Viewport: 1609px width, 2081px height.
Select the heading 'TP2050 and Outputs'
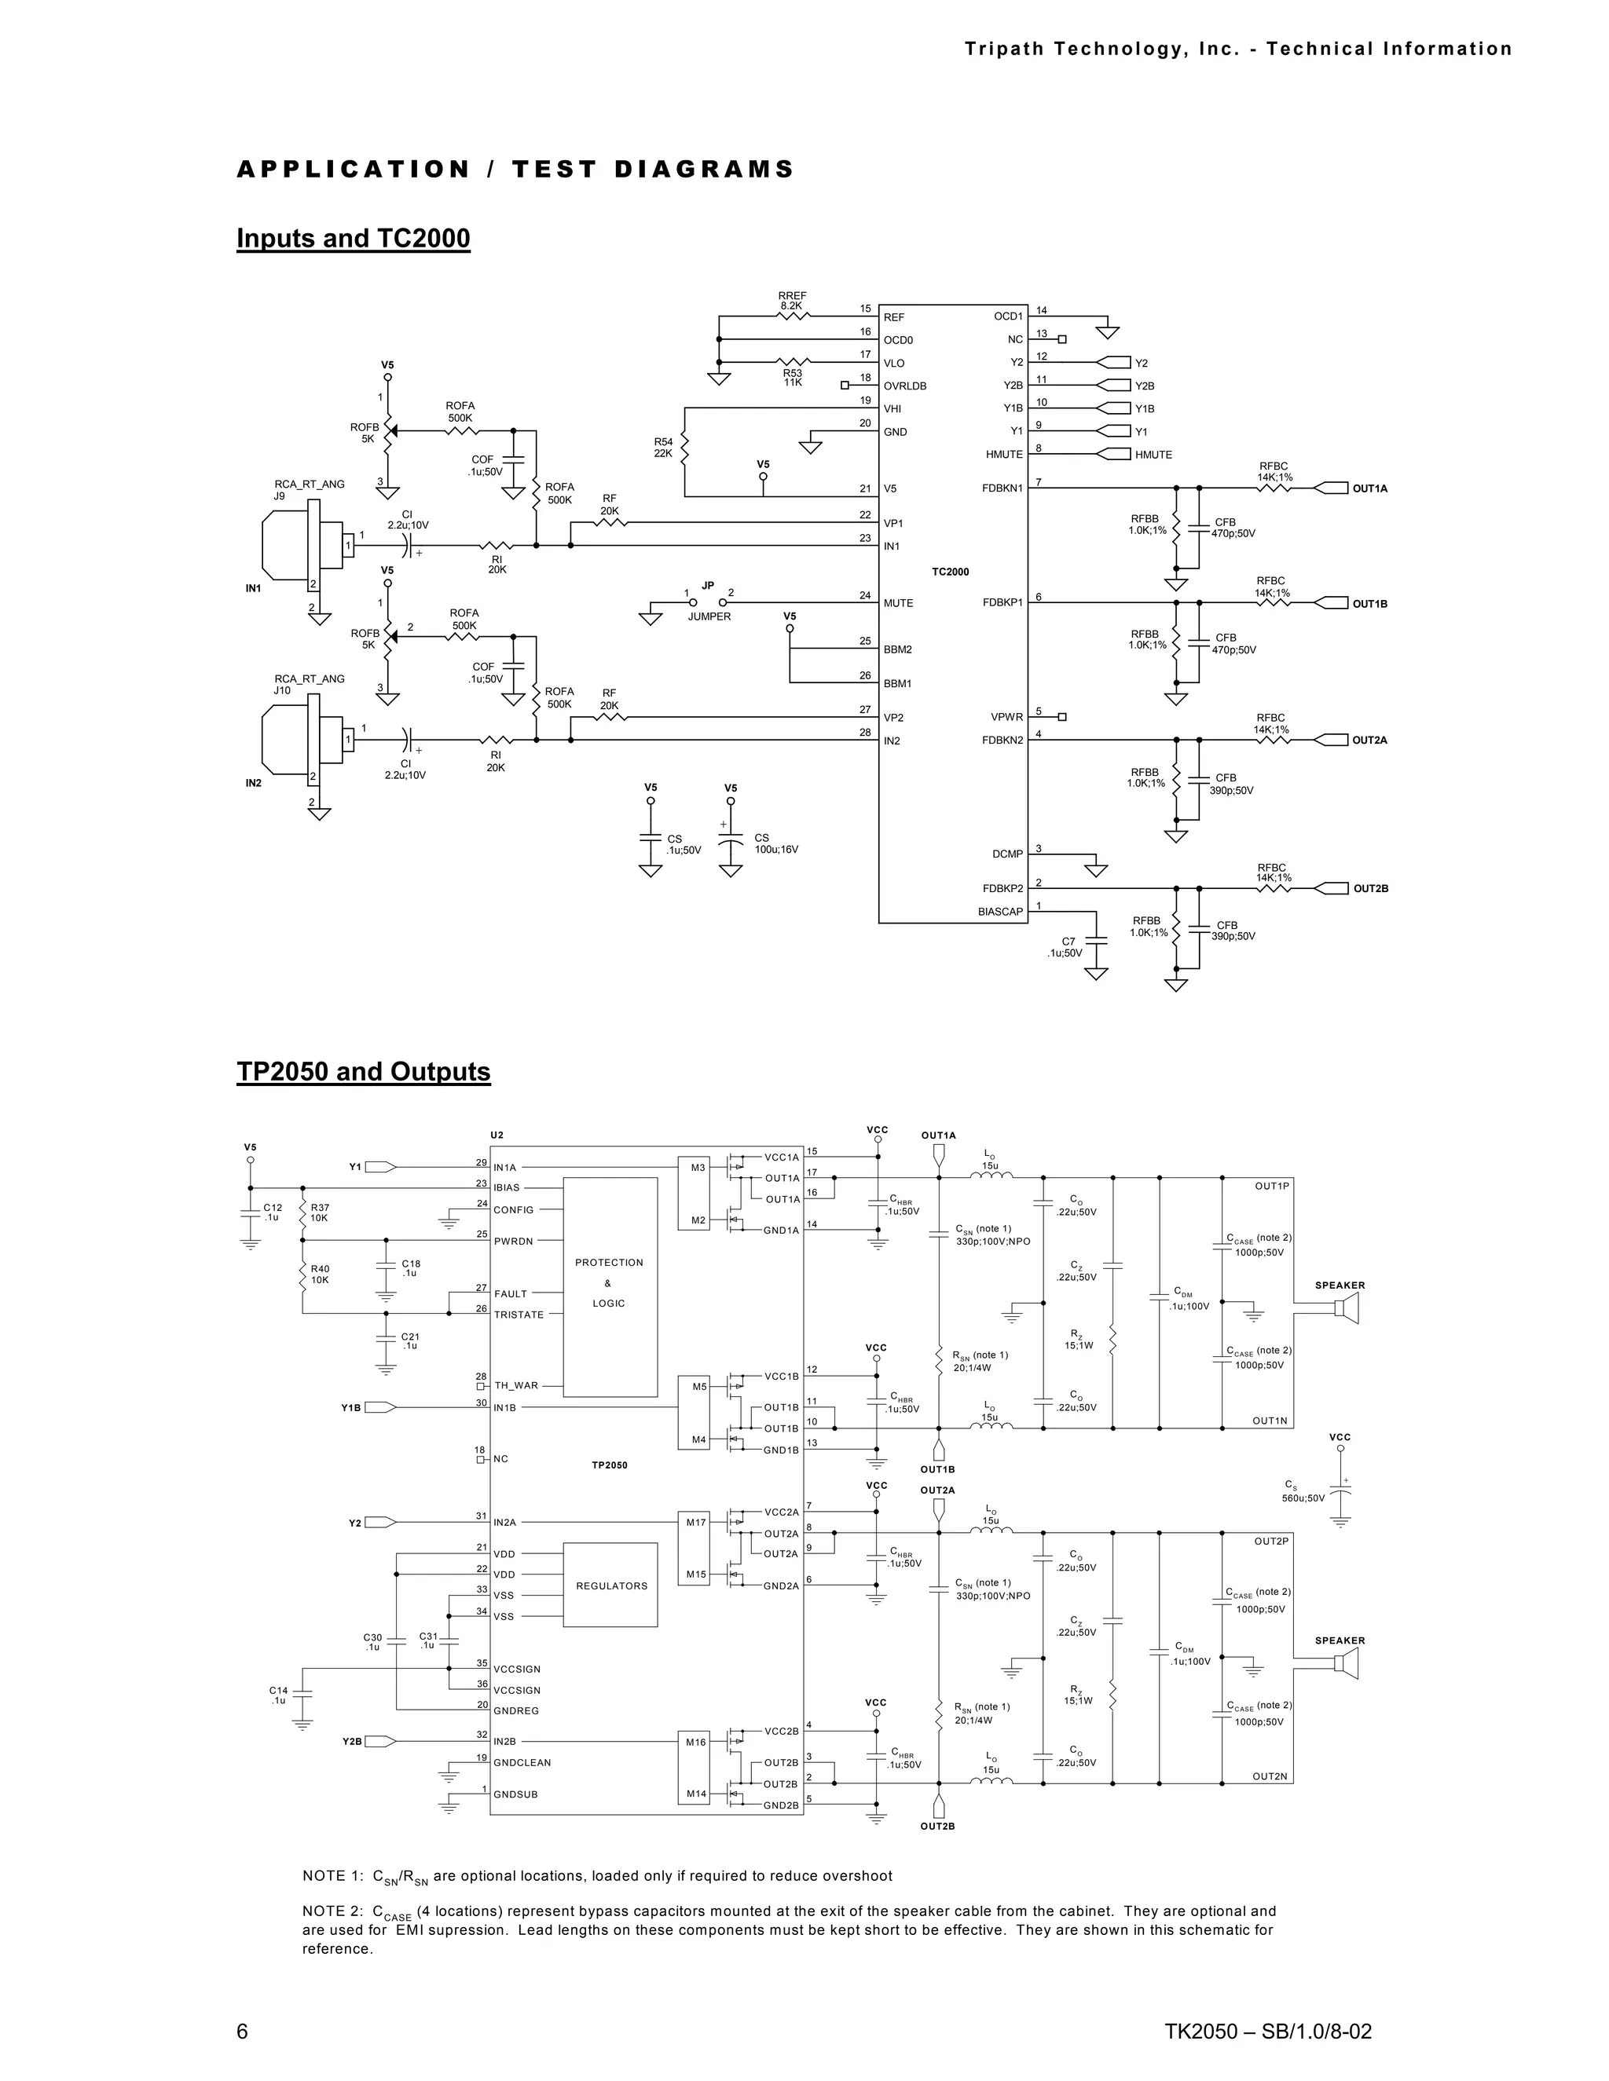pos(363,1071)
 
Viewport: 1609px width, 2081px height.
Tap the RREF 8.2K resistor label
pos(792,301)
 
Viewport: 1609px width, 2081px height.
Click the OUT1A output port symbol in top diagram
pos(1332,488)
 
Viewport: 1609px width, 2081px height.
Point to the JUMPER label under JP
pos(709,616)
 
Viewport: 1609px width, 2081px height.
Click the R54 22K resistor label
pos(663,448)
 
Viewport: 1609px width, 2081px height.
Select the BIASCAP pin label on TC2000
pos(1000,912)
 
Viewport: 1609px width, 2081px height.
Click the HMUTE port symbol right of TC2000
pos(1112,455)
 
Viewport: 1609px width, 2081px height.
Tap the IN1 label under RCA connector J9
pos(254,588)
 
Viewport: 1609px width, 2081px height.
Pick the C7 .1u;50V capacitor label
pos(1065,947)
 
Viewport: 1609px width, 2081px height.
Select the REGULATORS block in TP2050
pos(611,1585)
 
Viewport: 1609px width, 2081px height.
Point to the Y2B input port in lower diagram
pos(376,1741)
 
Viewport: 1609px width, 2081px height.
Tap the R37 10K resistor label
pos(319,1212)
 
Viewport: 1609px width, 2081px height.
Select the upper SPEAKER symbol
pos(1345,1310)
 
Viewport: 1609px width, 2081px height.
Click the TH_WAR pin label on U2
pos(515,1385)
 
